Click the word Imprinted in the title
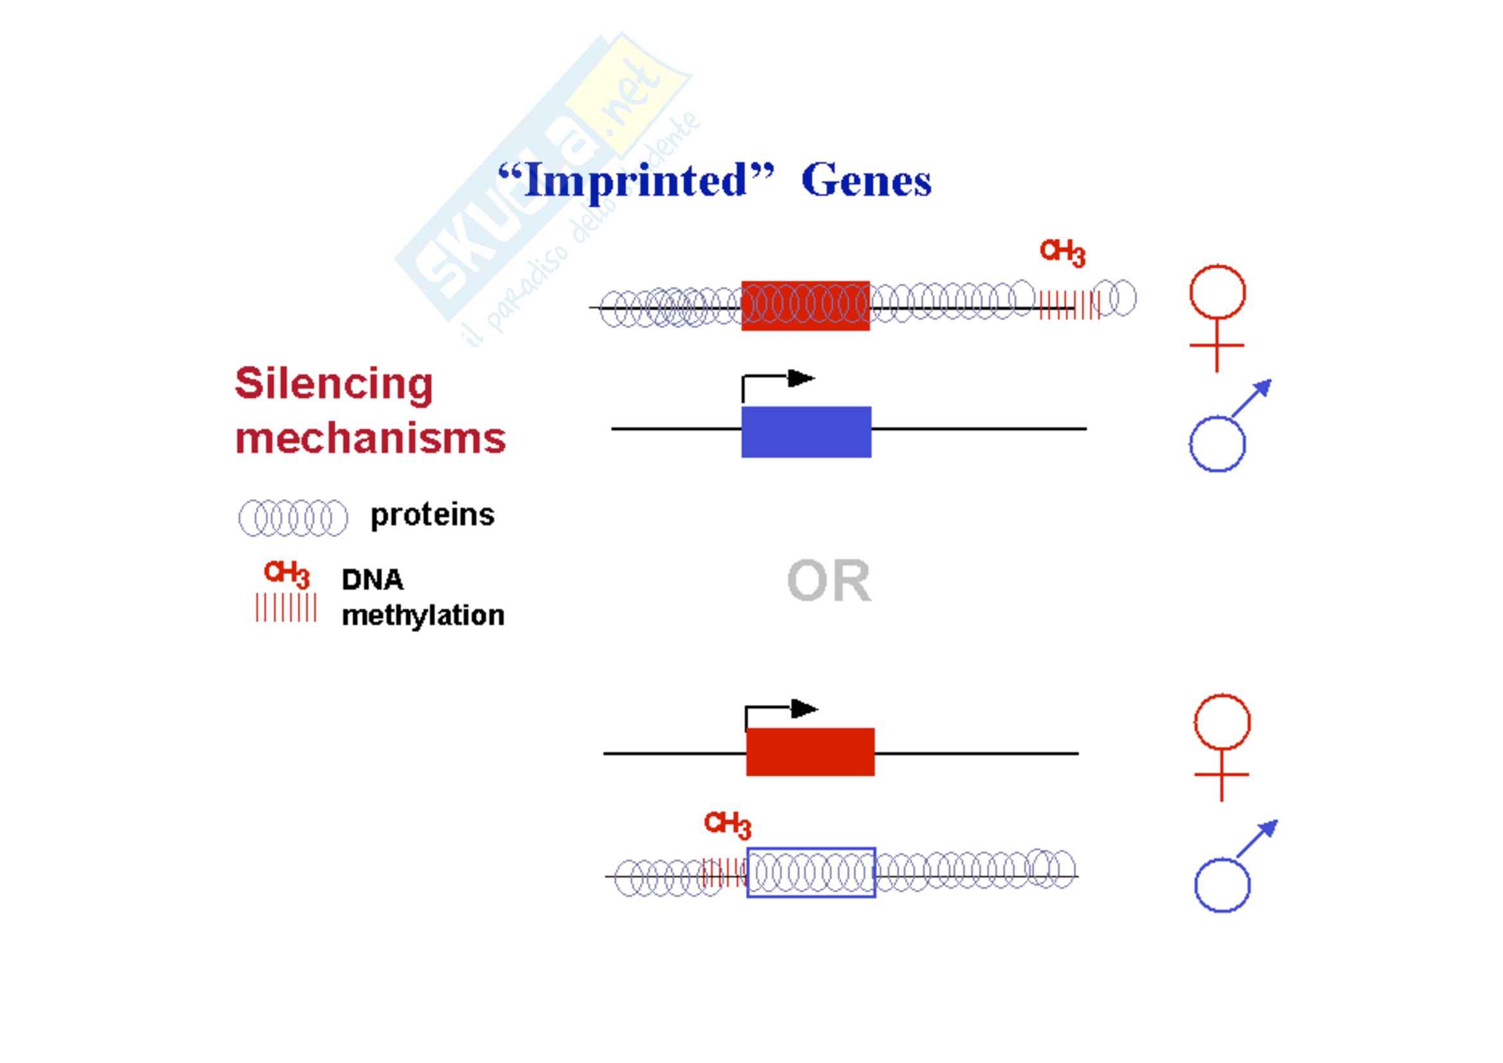point(635,181)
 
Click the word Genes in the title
point(866,181)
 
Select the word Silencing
point(334,384)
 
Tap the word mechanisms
point(370,438)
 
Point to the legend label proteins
point(432,515)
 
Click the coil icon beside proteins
point(292,518)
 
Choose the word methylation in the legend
point(423,615)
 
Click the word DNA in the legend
point(373,579)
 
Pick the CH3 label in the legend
point(286,574)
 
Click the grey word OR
point(829,580)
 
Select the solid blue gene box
point(806,432)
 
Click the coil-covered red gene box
point(805,306)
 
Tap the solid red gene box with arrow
point(810,751)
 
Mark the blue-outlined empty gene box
point(811,873)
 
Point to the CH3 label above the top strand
point(1062,252)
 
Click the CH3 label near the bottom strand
point(727,824)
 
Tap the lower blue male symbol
point(1231,868)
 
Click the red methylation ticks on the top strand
point(1069,305)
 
